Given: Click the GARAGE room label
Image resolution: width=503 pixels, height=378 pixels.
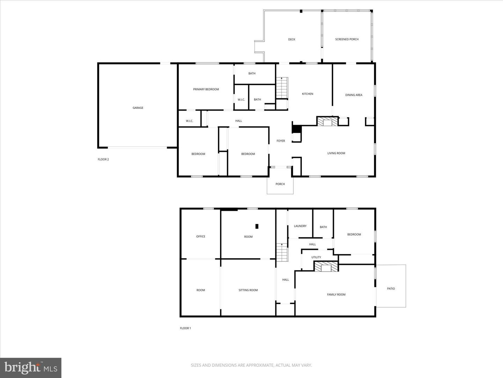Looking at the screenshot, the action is (138, 108).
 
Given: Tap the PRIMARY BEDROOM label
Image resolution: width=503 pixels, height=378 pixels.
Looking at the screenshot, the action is (206, 89).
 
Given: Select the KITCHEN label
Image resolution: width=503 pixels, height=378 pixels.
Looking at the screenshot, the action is (307, 94).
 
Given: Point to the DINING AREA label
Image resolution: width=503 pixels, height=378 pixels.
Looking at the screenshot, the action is (353, 95).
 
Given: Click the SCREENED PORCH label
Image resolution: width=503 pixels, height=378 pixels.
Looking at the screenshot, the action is (347, 39).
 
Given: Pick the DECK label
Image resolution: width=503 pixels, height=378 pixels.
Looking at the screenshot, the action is (291, 40).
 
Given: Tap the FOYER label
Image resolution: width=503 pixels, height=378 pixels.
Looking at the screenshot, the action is (281, 141).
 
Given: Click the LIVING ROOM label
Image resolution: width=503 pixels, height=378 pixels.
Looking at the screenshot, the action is (336, 153).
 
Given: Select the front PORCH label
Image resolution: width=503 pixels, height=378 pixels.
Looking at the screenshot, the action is (280, 184).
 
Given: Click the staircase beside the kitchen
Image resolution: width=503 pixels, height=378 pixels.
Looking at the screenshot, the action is (282, 88).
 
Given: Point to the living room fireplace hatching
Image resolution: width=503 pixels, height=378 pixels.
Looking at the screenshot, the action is (327, 121).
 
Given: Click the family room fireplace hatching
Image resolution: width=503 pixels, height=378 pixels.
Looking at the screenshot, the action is (326, 266).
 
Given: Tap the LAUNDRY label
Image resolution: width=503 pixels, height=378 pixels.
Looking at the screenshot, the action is (300, 226).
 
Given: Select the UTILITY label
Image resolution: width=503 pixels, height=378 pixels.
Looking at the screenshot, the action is (316, 257).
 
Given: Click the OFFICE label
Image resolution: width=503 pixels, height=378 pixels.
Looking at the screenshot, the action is (201, 236).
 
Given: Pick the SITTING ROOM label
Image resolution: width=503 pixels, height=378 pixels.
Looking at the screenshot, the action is (248, 290).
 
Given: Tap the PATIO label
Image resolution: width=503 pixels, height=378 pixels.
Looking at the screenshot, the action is (391, 288).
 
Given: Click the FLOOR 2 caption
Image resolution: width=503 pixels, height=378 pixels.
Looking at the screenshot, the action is (103, 159).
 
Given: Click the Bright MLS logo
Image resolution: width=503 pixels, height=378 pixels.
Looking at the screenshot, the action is (31, 367).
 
